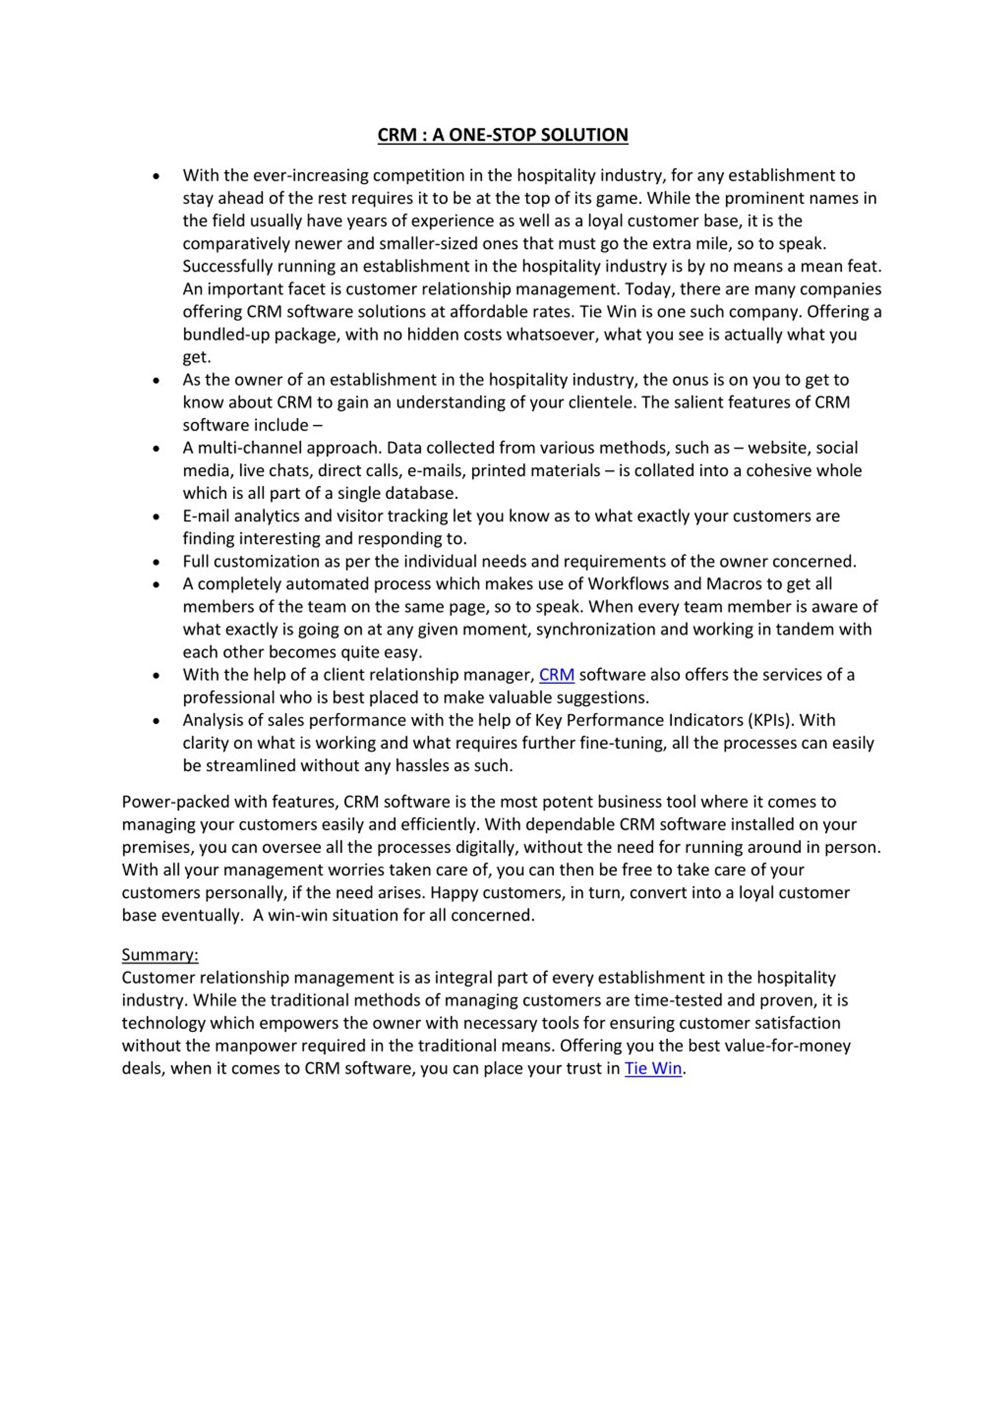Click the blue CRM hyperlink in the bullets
click(x=556, y=674)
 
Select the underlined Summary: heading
click(x=160, y=955)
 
